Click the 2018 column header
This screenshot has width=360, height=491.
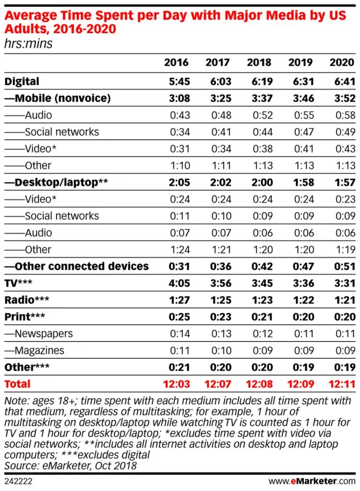tap(259, 62)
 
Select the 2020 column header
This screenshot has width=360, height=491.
tap(342, 62)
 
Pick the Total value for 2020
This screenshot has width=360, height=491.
tap(342, 384)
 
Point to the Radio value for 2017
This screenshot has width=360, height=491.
tap(217, 300)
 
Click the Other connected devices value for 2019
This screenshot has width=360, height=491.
tap(300, 266)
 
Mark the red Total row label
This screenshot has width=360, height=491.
tap(17, 384)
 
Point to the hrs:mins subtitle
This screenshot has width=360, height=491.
tap(28, 43)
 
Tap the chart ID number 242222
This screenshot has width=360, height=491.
tap(18, 481)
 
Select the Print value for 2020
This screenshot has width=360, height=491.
tap(342, 317)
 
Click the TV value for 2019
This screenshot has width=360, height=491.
tap(300, 283)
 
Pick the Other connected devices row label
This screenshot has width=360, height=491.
tap(76, 266)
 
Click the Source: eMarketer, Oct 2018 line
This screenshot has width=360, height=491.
tap(70, 466)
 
